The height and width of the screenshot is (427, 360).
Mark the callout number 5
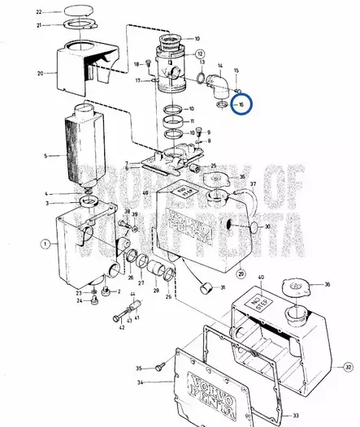[46, 155]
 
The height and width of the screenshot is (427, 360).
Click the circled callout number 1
[46, 243]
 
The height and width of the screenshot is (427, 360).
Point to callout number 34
[139, 382]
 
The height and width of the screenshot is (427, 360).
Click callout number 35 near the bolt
[138, 368]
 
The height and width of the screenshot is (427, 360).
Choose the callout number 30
[267, 226]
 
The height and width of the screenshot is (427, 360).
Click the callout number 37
[254, 185]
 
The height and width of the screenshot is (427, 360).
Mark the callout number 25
[214, 166]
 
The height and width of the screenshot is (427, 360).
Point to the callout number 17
[138, 80]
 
